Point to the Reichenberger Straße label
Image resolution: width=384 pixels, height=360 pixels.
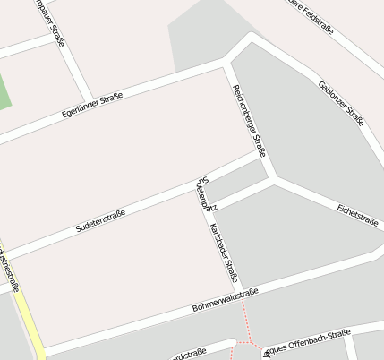[249, 120]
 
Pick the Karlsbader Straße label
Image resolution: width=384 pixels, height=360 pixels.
[223, 253]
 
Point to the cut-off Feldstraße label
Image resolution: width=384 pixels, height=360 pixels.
[310, 16]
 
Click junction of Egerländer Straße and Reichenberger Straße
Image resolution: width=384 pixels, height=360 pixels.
[227, 61]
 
